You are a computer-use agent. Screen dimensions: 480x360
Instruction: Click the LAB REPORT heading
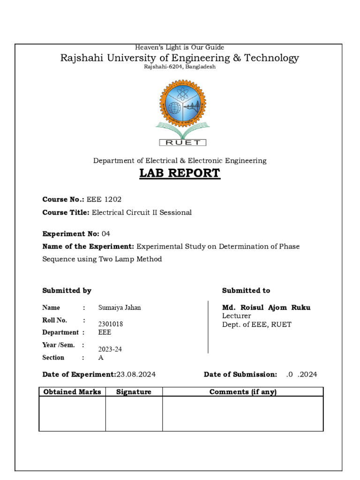point(180,173)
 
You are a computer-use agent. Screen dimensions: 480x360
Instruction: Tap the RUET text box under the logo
point(183,142)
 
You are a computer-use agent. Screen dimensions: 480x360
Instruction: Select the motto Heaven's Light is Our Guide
point(180,47)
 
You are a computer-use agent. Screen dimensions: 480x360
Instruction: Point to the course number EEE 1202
point(101,199)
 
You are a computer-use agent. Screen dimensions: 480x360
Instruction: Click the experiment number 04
point(106,233)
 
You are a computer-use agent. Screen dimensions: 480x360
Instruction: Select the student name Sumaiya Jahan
point(120,307)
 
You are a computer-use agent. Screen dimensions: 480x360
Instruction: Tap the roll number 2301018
point(111,324)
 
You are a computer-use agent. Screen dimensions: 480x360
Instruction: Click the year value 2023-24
point(110,349)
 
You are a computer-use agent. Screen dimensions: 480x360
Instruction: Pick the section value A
point(101,358)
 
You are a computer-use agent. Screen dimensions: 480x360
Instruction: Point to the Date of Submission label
point(240,375)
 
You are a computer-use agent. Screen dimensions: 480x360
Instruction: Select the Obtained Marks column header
point(72,392)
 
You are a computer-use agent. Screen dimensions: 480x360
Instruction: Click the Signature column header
point(134,392)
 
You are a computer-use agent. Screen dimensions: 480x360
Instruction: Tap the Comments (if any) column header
point(243,392)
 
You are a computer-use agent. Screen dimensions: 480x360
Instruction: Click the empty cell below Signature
point(134,414)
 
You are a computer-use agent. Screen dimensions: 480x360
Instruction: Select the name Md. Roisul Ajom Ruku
point(266,307)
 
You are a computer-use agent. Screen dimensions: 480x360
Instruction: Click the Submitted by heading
point(67,291)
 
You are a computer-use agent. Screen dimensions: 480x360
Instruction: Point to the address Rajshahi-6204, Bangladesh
point(180,67)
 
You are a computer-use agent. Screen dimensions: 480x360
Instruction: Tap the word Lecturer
point(237,316)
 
